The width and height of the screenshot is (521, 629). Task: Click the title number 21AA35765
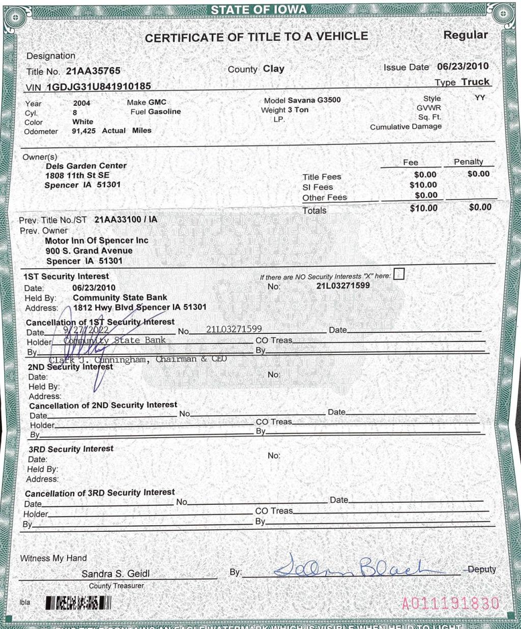93,71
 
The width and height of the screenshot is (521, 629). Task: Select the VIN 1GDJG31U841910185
99,87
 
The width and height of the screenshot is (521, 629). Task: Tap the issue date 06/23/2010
462,67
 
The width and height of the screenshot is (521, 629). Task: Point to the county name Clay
274,69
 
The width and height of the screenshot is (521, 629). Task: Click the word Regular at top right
466,35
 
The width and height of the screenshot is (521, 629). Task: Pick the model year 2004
81,103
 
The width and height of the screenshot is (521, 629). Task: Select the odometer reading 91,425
83,131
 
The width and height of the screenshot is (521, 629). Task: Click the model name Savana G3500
314,100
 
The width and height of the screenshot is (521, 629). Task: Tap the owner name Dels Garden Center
86,166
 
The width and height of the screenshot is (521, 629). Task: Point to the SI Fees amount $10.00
423,185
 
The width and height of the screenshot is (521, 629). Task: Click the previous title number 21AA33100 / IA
126,220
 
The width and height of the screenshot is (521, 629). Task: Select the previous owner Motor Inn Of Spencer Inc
97,241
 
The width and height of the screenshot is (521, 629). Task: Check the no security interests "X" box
399,274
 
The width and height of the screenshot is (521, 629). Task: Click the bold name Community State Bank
120,298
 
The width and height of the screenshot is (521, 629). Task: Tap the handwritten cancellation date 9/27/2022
86,330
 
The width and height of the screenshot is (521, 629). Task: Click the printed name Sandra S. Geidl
115,574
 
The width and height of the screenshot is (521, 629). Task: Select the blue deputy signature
351,567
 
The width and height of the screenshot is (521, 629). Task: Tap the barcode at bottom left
78,603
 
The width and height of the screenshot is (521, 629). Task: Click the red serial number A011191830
450,604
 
